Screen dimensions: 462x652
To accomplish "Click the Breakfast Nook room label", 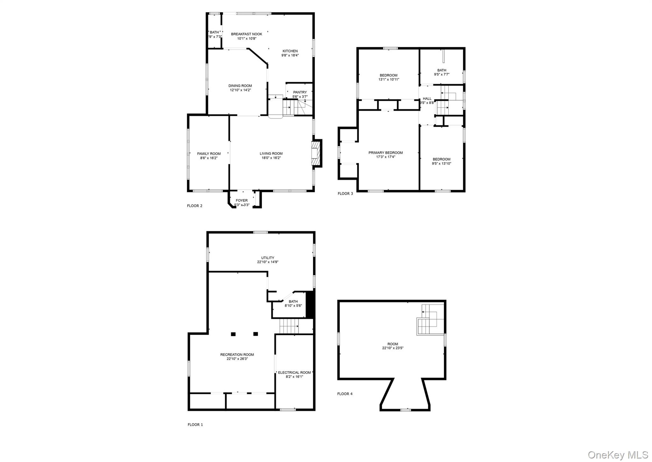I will (x=246, y=34).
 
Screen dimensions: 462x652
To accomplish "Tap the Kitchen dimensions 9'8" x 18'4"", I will (x=290, y=55).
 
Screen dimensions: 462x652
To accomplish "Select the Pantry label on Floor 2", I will (x=300, y=92).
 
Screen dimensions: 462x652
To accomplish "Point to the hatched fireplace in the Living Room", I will (x=315, y=153).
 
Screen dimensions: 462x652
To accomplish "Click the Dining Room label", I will (x=240, y=86).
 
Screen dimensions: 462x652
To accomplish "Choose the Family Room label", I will (x=209, y=154).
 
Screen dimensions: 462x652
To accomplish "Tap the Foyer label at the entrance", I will (x=242, y=200).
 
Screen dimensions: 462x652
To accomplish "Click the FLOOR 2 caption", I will (x=195, y=206).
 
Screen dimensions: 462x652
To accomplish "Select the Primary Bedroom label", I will (x=386, y=153).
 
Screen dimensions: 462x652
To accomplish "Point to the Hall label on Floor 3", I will (x=427, y=99).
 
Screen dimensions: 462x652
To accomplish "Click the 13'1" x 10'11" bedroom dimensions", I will (x=389, y=80).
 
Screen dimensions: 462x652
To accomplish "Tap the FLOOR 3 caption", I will (x=345, y=194).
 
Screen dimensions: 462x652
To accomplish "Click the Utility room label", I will (x=268, y=258).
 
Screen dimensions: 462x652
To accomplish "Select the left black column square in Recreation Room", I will (x=233, y=334).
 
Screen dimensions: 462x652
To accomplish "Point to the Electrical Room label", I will (x=294, y=373).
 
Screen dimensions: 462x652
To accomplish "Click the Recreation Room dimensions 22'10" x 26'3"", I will (x=237, y=359).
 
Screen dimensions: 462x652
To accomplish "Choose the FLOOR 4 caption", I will (x=345, y=394).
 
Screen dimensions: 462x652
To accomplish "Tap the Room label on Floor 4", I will (x=393, y=344).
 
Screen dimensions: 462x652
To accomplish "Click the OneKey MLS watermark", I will (x=618, y=454).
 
